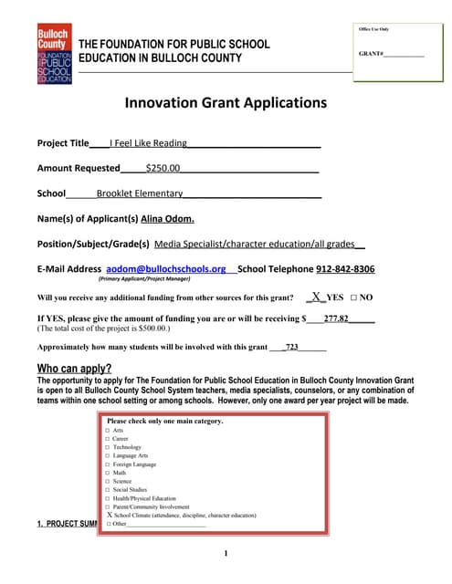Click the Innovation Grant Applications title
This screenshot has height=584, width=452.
point(226,103)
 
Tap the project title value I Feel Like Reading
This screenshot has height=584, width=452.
point(148,143)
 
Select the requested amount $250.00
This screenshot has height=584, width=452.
point(163,168)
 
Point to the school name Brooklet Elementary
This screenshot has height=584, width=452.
point(140,193)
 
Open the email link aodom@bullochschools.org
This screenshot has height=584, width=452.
point(166,269)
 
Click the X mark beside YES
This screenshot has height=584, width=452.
point(315,297)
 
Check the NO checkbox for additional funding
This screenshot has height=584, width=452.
point(353,298)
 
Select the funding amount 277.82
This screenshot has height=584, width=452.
point(336,318)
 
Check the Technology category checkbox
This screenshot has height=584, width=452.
point(108,447)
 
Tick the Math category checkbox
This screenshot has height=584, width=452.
point(108,473)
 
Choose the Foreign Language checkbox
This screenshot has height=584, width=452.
point(108,464)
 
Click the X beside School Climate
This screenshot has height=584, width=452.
point(109,516)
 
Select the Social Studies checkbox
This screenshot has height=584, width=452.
point(108,490)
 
